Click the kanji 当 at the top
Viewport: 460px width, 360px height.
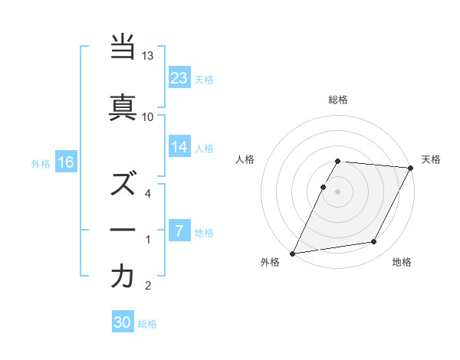[123, 47]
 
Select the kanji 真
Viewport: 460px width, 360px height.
[123, 107]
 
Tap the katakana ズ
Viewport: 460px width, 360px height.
[123, 184]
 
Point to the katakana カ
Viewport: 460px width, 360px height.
[123, 277]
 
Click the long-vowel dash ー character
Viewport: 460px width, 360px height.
[123, 231]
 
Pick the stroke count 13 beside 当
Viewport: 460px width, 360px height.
[148, 56]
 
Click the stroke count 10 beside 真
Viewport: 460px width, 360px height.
[148, 116]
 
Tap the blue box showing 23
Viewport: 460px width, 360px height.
[179, 77]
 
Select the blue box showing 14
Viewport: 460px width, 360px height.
[179, 147]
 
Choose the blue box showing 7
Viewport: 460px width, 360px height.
[179, 231]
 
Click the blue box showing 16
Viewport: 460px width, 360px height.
[65, 162]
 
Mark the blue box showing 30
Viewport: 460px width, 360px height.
[123, 322]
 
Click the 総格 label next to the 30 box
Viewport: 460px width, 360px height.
[147, 324]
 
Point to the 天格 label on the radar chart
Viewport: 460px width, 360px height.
[431, 159]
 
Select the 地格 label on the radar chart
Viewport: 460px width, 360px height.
[402, 263]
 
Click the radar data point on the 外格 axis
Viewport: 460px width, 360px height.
[292, 254]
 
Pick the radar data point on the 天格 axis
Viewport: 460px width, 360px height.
[411, 168]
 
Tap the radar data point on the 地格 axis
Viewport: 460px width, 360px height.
[374, 242]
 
